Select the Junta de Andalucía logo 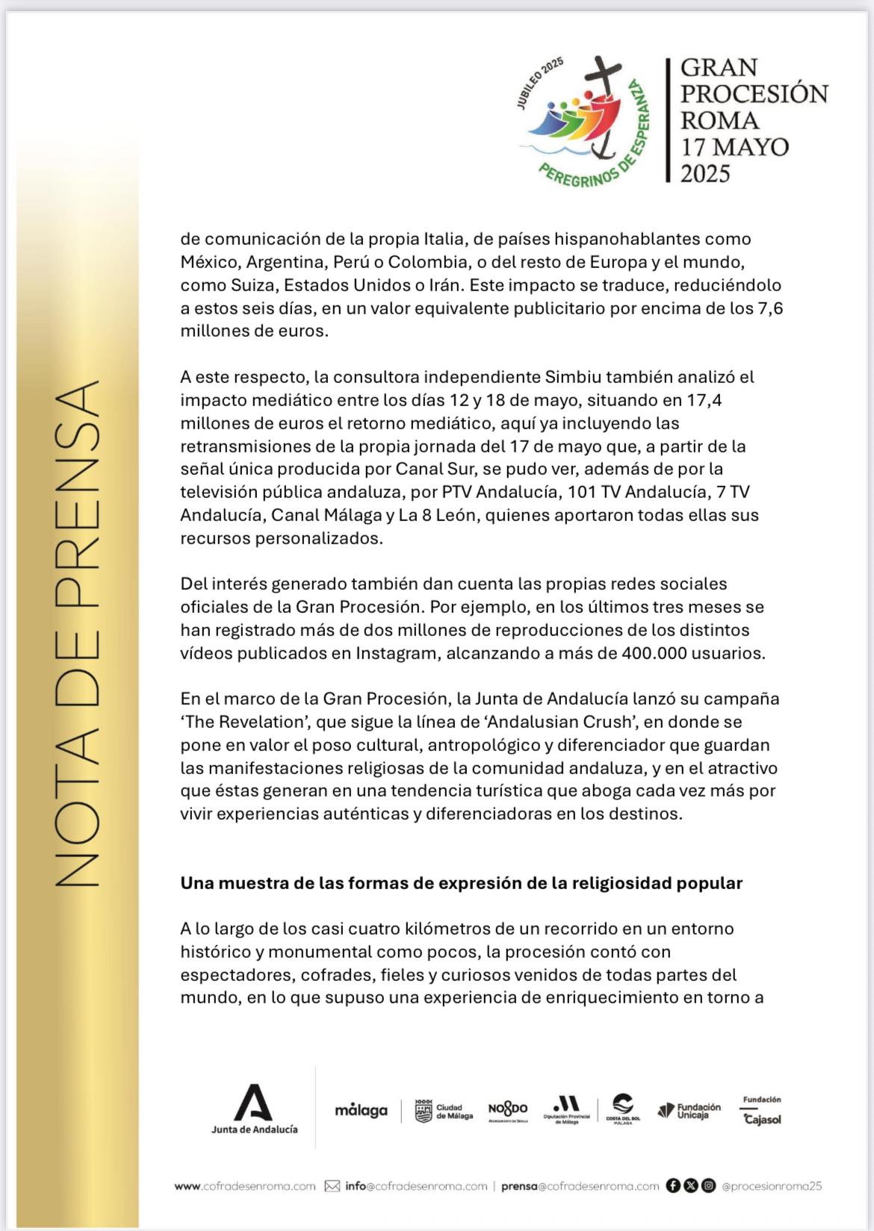click(x=254, y=1109)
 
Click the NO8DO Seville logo click(x=508, y=1111)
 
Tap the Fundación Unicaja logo click(x=689, y=1110)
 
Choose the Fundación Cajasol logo click(x=762, y=1110)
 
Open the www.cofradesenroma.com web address click(x=245, y=1186)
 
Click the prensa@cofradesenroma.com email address click(x=580, y=1186)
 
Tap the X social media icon click(x=690, y=1185)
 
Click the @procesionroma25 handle click(x=772, y=1186)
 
